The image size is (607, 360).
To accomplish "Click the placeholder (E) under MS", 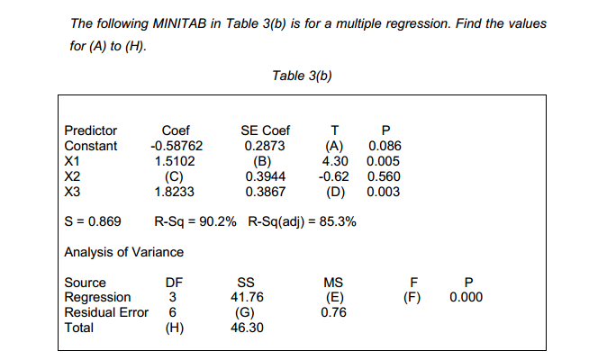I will tap(333, 297).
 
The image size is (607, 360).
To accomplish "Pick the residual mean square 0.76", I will tap(333, 313).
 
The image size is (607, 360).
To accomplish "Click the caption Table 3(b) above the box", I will tap(303, 76).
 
